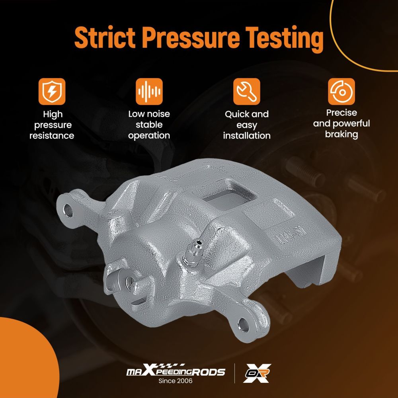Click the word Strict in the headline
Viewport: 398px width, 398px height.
point(105,37)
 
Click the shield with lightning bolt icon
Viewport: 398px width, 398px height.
point(52,92)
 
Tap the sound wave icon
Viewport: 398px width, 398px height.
point(149,92)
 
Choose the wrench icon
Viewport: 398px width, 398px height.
point(246,92)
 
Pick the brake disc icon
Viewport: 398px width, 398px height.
point(341,92)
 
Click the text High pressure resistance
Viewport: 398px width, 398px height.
point(52,125)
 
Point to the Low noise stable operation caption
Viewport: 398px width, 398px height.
point(149,125)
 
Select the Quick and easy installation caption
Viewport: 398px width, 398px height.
point(247,125)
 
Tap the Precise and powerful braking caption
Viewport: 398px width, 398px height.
point(341,124)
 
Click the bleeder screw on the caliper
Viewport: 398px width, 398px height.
point(193,253)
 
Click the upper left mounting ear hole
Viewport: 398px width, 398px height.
point(68,210)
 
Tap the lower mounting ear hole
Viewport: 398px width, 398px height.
point(244,325)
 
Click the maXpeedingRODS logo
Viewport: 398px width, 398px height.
point(176,371)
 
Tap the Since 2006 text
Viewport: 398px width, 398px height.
point(176,381)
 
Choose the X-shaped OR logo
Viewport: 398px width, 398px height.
point(257,373)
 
